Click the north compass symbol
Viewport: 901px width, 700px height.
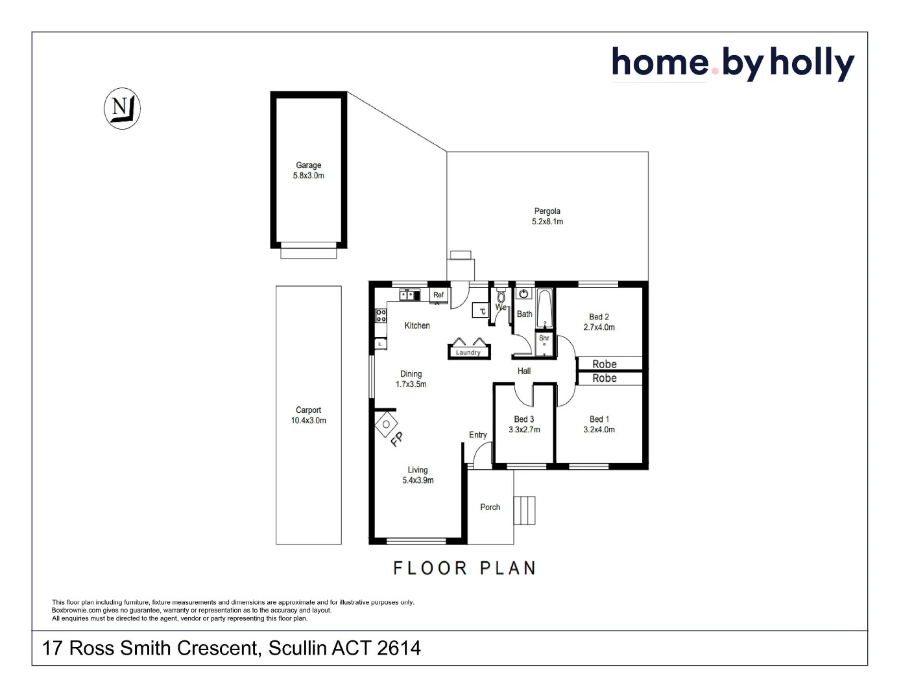(x=122, y=108)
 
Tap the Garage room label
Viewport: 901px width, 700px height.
(x=309, y=165)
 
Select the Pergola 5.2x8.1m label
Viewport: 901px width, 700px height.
(x=547, y=216)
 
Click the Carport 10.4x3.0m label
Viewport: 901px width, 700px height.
(x=309, y=415)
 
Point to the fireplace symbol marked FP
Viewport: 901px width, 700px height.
(x=387, y=425)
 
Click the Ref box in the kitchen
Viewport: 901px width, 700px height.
(x=439, y=295)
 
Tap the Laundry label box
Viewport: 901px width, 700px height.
(x=468, y=353)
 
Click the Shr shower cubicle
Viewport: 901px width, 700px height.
(x=545, y=344)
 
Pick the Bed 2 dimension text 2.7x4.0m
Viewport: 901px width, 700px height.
(x=599, y=327)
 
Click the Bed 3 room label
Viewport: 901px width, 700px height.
(x=524, y=419)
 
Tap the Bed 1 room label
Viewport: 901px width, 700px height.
(x=599, y=419)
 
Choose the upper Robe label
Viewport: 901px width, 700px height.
(x=605, y=364)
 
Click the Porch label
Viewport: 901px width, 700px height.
(x=490, y=507)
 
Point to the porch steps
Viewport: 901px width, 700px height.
(x=525, y=510)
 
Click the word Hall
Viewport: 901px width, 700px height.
(x=524, y=371)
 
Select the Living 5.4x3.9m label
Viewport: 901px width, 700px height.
(x=418, y=475)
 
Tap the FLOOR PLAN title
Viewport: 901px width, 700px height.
(x=464, y=568)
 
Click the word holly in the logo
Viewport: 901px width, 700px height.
(x=812, y=64)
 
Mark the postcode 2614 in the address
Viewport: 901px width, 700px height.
(x=398, y=648)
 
